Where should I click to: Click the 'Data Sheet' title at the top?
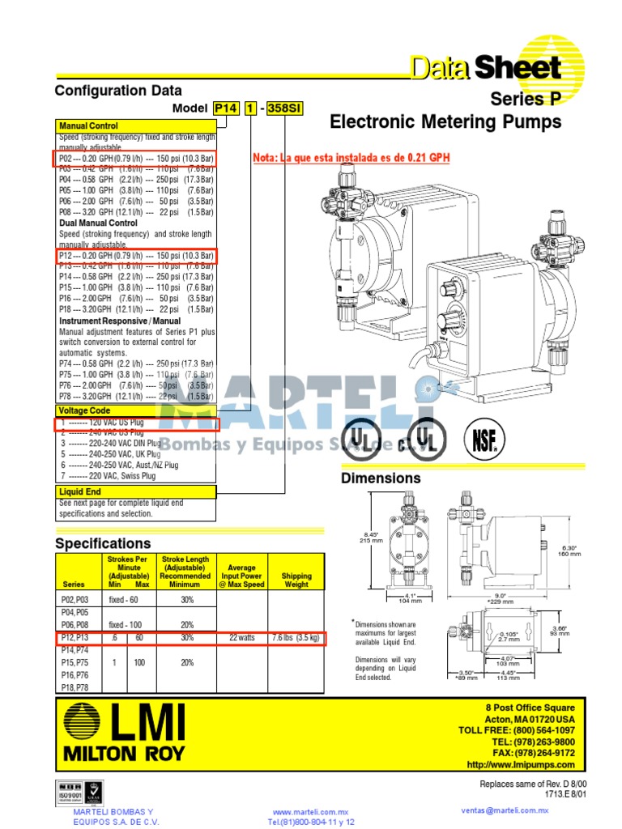(x=484, y=68)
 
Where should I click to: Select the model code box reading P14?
(x=226, y=108)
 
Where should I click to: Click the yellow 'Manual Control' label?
(x=88, y=125)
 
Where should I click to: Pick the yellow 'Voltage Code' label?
(x=85, y=410)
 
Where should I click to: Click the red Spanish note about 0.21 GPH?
(x=351, y=157)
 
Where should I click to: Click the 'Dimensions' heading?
(x=381, y=478)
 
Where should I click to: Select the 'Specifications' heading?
(x=102, y=543)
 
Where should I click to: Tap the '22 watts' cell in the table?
(x=241, y=637)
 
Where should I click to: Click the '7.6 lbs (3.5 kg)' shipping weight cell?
(x=296, y=637)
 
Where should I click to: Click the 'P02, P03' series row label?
(x=75, y=601)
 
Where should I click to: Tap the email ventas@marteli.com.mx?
(x=505, y=810)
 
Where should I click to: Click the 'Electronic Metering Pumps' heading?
(x=445, y=122)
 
